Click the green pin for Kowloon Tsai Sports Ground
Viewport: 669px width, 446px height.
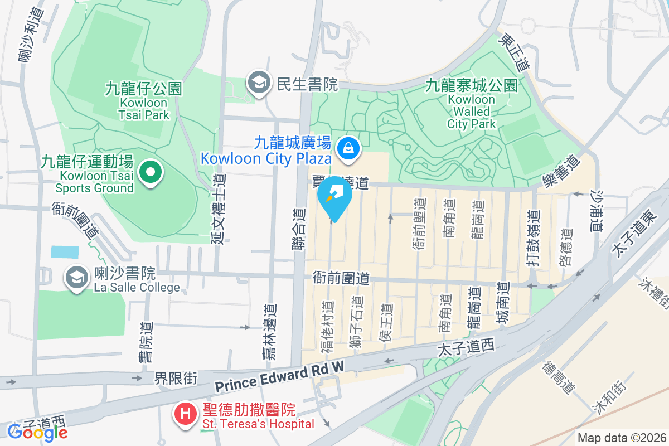pyautogui.click(x=149, y=172)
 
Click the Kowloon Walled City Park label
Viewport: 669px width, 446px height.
pyautogui.click(x=471, y=104)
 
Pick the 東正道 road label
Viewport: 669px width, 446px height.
pyautogui.click(x=514, y=53)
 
